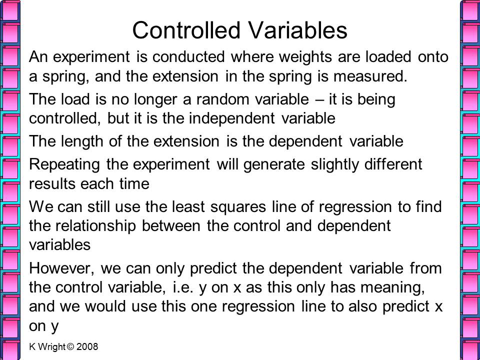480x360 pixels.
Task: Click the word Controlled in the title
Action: coord(186,30)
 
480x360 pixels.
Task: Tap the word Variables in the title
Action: coord(297,30)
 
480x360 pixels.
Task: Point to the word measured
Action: coord(370,76)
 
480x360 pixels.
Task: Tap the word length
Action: coord(81,142)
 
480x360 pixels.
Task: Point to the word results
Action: coord(51,184)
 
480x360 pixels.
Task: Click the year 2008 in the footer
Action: coord(87,347)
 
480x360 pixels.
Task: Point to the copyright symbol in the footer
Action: coord(70,347)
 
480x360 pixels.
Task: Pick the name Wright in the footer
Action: coord(51,347)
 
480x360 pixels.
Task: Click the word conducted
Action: coord(188,57)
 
